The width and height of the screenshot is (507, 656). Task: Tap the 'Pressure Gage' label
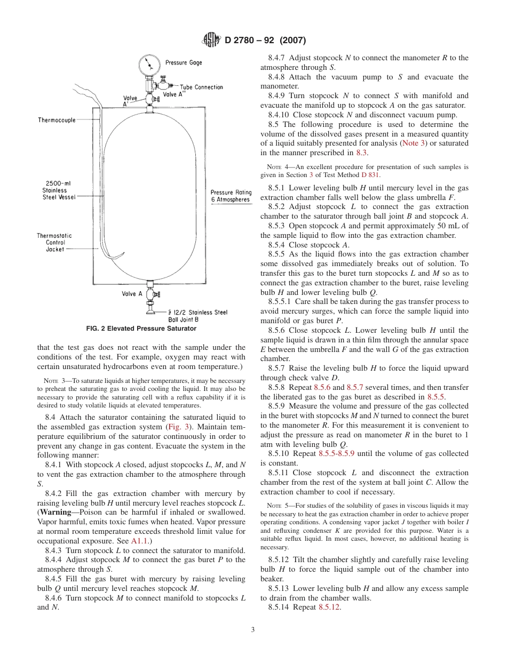(x=184, y=62)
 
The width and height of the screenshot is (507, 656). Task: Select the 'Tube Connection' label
(x=201, y=87)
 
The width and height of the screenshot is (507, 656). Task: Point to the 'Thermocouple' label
(x=57, y=120)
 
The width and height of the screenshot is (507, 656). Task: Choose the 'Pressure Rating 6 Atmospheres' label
(x=231, y=196)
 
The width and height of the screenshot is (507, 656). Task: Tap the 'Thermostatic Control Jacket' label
(x=54, y=242)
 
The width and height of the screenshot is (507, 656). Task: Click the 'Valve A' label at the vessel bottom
(x=132, y=294)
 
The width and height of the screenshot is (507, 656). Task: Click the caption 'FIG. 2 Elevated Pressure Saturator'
(x=141, y=329)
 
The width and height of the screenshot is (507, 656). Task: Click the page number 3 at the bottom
(x=253, y=629)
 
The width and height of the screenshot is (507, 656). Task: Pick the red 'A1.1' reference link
(x=138, y=541)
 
